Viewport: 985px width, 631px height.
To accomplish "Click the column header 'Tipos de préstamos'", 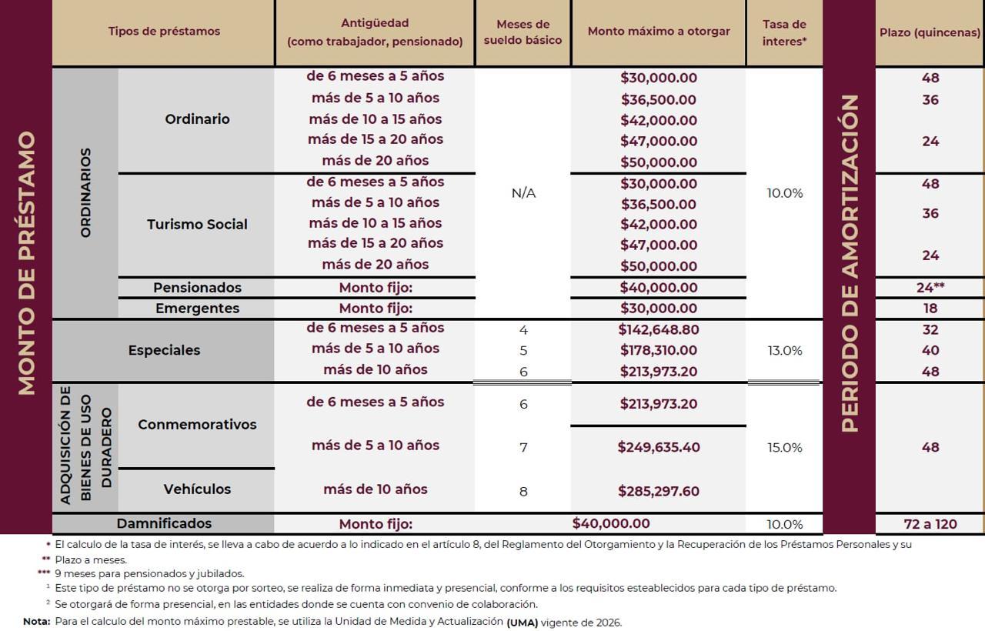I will pyautogui.click(x=164, y=32).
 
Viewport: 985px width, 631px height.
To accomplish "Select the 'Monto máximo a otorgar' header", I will pyautogui.click(x=659, y=32).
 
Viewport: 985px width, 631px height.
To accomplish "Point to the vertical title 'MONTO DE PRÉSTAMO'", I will pyautogui.click(x=27, y=263).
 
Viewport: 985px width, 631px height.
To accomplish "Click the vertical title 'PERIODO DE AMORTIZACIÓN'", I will pyautogui.click(x=850, y=263).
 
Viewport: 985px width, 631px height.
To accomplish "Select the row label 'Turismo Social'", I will pyautogui.click(x=197, y=225).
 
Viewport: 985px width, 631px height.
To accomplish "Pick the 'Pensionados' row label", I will pyautogui.click(x=197, y=288).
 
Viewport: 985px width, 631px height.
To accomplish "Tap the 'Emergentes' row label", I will pyautogui.click(x=197, y=309).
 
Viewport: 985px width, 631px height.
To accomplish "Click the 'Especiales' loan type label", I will pyautogui.click(x=164, y=350).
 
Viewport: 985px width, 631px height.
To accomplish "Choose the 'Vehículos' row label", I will pyautogui.click(x=197, y=489).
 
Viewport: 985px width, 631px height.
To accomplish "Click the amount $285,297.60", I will pyautogui.click(x=658, y=491).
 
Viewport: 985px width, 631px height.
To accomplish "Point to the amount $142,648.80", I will pyautogui.click(x=658, y=329).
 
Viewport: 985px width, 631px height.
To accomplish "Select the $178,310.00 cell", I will pyautogui.click(x=658, y=350).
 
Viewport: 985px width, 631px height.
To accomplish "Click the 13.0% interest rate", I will pyautogui.click(x=784, y=350).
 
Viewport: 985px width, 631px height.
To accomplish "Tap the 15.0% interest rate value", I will pyautogui.click(x=784, y=447).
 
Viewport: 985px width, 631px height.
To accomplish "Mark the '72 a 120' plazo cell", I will pyautogui.click(x=930, y=524).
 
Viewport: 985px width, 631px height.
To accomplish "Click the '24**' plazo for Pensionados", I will pyautogui.click(x=930, y=288).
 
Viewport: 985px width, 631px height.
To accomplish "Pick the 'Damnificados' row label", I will pyautogui.click(x=164, y=523).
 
